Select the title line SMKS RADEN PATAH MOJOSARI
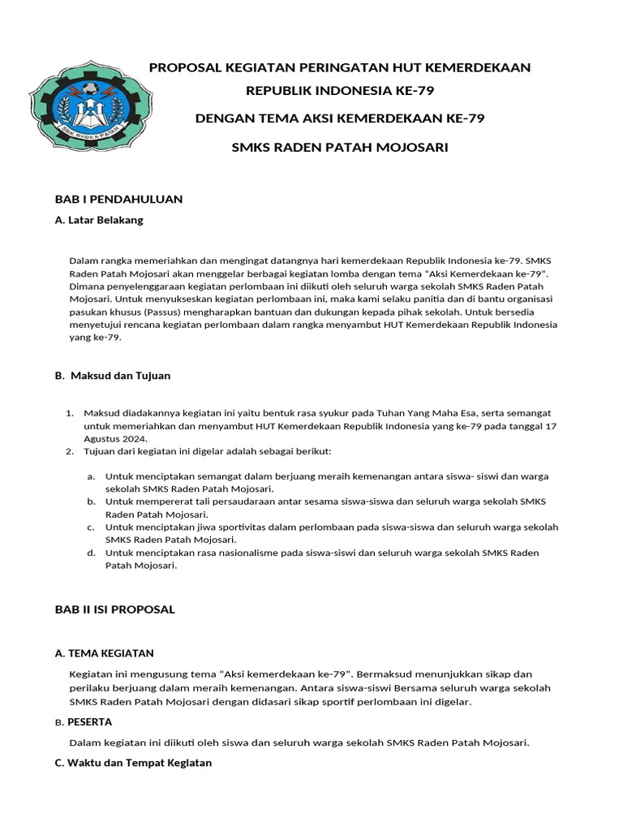click(339, 147)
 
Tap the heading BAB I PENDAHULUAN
click(118, 199)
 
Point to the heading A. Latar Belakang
click(99, 220)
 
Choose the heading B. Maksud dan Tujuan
click(113, 376)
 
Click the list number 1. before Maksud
click(70, 413)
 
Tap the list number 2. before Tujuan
click(70, 451)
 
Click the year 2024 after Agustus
click(135, 439)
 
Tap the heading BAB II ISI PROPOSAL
click(114, 609)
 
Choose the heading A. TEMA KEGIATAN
click(104, 652)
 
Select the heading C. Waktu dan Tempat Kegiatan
click(133, 763)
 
